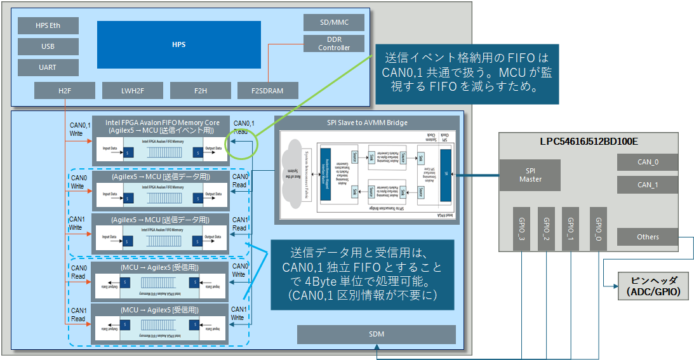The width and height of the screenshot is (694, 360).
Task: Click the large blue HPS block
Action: (x=178, y=44)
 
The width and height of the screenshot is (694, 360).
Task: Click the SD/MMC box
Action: (x=334, y=22)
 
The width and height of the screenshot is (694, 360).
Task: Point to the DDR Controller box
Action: (x=334, y=44)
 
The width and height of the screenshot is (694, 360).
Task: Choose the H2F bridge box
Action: (x=65, y=91)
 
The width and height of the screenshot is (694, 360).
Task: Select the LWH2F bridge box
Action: (x=132, y=91)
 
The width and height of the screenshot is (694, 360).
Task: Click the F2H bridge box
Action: (x=200, y=91)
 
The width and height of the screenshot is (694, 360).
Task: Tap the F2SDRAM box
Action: (x=268, y=91)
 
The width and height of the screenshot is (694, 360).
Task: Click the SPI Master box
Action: (x=530, y=175)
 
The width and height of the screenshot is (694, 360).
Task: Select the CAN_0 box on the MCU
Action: (x=647, y=162)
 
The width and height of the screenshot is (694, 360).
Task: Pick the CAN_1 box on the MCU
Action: (x=647, y=185)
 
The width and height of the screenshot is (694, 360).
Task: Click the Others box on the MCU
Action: (x=647, y=237)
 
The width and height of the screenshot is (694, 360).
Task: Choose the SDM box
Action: (x=377, y=334)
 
